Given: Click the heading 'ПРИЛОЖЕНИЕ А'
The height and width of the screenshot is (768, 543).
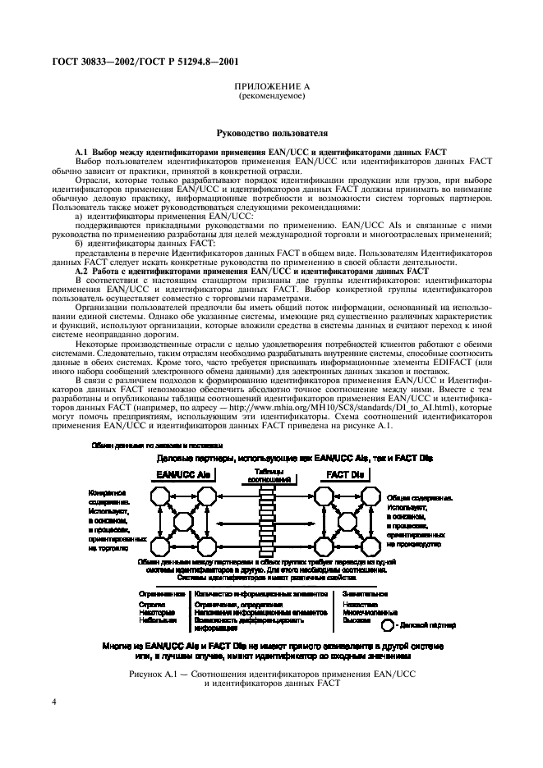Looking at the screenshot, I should [271, 86].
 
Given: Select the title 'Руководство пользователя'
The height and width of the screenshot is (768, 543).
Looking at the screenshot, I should [271, 131].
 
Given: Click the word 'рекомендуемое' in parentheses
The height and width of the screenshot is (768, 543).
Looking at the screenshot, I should [271, 96].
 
